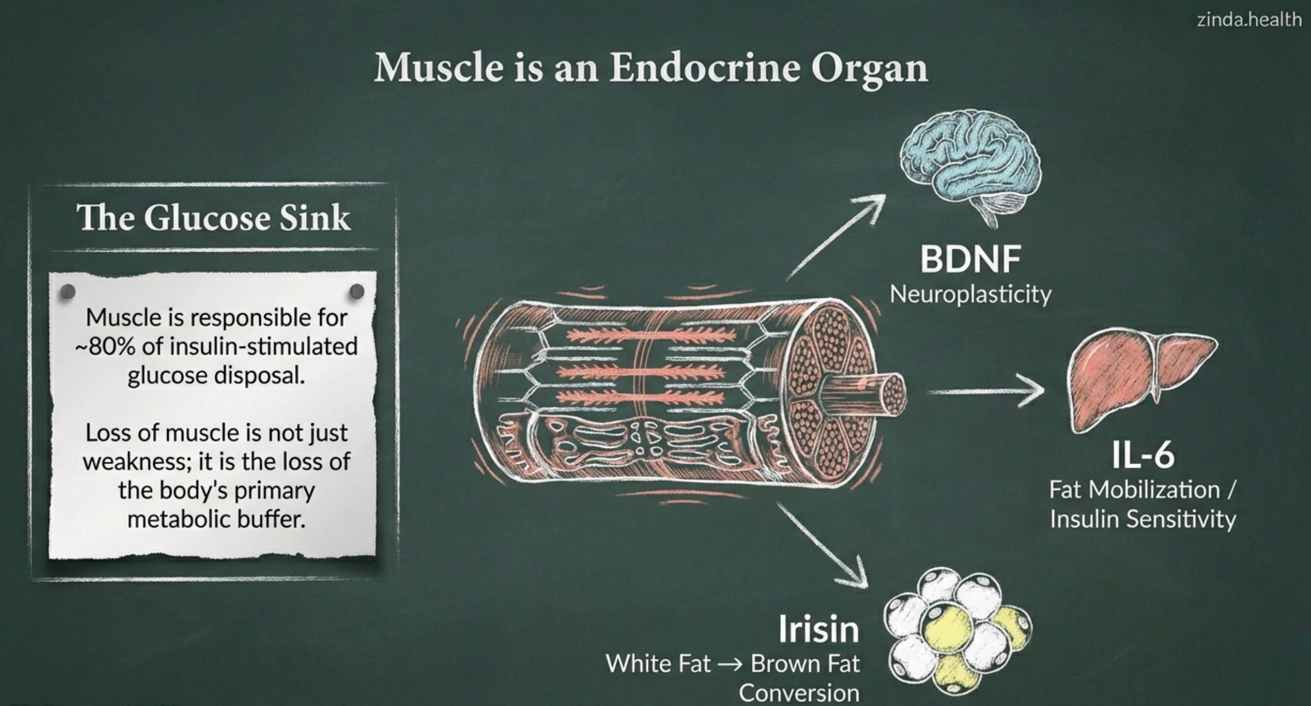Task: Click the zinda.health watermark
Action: point(1249,20)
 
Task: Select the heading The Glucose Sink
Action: point(213,218)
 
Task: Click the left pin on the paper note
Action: point(67,292)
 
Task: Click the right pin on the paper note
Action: point(357,292)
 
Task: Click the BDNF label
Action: point(970,259)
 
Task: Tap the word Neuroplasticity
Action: point(970,294)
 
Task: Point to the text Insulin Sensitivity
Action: point(1143,519)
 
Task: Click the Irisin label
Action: point(818,630)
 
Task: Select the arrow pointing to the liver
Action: point(985,391)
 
